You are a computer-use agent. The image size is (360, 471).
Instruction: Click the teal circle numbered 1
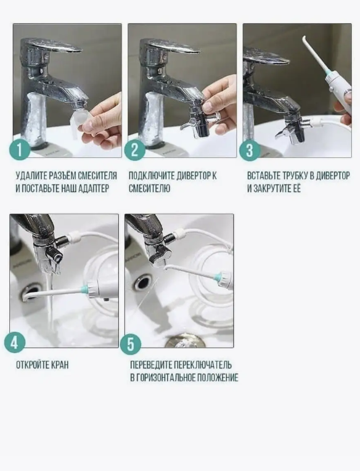pyautogui.click(x=20, y=150)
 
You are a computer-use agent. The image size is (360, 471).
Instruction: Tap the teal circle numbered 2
pyautogui.click(x=135, y=150)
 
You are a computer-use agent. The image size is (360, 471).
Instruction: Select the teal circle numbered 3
pyautogui.click(x=250, y=150)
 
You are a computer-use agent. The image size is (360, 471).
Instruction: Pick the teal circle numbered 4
pyautogui.click(x=15, y=342)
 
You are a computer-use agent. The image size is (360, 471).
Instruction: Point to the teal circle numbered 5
pyautogui.click(x=131, y=343)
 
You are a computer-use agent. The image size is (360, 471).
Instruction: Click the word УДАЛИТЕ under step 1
pyautogui.click(x=31, y=176)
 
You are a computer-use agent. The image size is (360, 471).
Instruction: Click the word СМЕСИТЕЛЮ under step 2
pyautogui.click(x=150, y=189)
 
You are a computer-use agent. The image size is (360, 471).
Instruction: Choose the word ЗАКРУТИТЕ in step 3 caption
pyautogui.click(x=271, y=189)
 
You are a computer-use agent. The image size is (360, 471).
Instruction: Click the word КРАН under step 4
pyautogui.click(x=60, y=365)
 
